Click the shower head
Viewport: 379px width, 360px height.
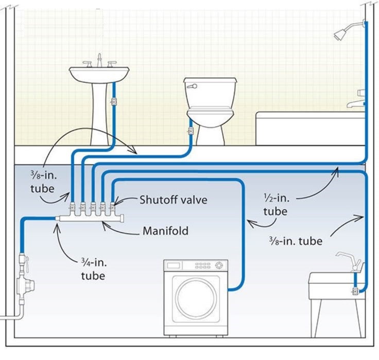340,34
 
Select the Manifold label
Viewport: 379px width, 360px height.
165,231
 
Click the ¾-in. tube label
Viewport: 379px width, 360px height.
93,269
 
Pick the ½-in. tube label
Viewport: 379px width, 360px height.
275,205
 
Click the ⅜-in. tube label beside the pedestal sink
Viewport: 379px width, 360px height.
42,181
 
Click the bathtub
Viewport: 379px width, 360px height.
309,129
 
